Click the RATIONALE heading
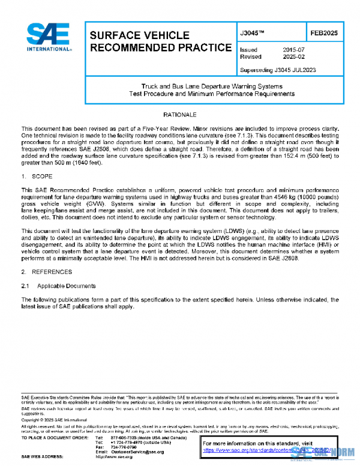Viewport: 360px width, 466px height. tap(179, 114)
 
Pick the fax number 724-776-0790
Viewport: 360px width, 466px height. tap(122, 447)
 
